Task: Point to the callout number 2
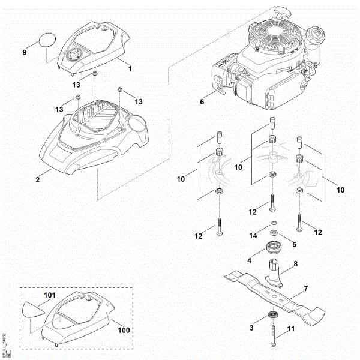click(38, 179)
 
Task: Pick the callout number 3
click(251, 328)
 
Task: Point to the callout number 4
click(249, 260)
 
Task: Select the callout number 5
click(294, 244)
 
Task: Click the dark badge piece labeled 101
click(35, 308)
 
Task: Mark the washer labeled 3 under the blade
click(274, 316)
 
